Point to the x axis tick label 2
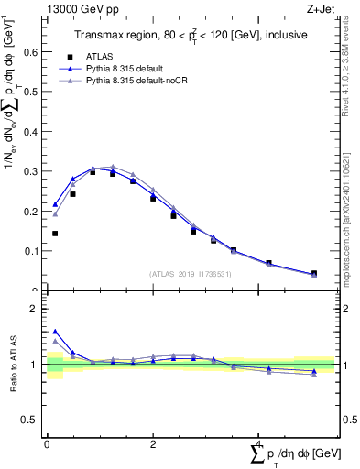click(x=153, y=444)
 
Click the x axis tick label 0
click(x=47, y=444)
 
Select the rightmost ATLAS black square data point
click(x=314, y=273)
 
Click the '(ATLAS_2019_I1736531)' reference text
click(x=190, y=273)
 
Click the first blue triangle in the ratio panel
click(x=55, y=332)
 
